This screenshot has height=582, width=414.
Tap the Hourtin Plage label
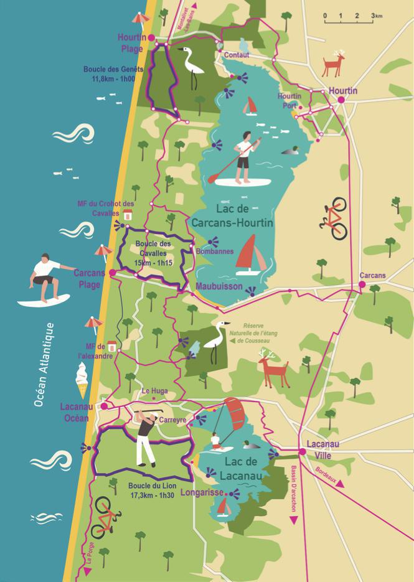[x=131, y=42]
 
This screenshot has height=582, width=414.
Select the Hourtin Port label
[x=289, y=101]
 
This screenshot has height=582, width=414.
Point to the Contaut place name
[x=237, y=55]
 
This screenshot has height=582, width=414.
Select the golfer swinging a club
[x=146, y=439]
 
